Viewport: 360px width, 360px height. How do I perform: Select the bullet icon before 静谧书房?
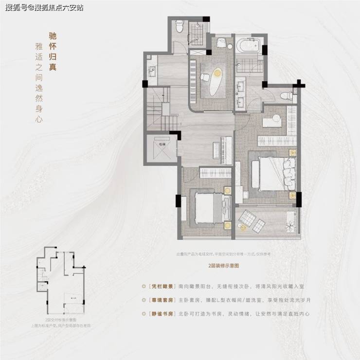[x=143, y=314]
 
